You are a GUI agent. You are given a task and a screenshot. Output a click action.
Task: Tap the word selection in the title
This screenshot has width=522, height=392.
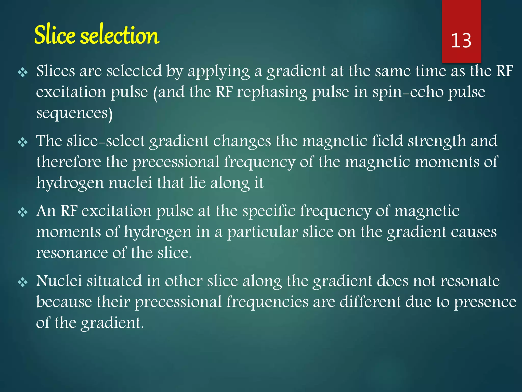click(x=120, y=35)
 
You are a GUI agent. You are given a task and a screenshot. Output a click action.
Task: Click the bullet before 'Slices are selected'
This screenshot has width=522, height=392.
click(x=23, y=72)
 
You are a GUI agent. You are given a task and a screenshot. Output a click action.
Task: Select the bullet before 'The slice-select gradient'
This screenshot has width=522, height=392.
click(x=23, y=142)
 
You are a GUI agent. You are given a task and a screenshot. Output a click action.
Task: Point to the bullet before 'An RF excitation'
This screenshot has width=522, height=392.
click(x=23, y=212)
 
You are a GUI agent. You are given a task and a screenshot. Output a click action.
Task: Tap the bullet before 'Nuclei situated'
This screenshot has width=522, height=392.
click(x=23, y=282)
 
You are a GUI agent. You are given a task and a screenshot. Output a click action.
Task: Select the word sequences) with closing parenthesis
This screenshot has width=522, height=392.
click(x=74, y=113)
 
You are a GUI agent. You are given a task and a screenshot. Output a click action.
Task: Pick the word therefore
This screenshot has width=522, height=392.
click(x=69, y=162)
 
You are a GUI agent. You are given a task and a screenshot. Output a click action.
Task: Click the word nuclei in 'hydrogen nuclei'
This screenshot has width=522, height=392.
click(x=130, y=183)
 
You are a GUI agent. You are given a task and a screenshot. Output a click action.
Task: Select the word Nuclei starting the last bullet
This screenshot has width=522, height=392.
click(x=59, y=281)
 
